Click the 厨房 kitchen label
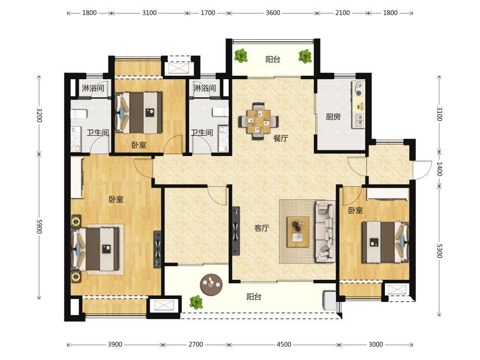[x=333, y=117]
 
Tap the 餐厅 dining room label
[x=280, y=138]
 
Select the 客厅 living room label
[x=262, y=228]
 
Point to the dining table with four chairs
[x=259, y=121]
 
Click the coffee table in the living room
[x=298, y=232]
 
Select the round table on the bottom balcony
[x=211, y=284]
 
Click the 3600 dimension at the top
[x=273, y=13]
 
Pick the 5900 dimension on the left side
[x=39, y=226]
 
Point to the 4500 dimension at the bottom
[x=284, y=344]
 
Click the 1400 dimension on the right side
[x=439, y=169]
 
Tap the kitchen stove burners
[x=358, y=89]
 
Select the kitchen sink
[x=359, y=120]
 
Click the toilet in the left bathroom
[x=79, y=115]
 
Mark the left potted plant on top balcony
[x=241, y=56]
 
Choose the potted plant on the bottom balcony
[x=196, y=302]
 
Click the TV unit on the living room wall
[x=235, y=231]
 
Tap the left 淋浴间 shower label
[x=93, y=88]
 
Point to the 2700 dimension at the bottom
[x=196, y=344]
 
